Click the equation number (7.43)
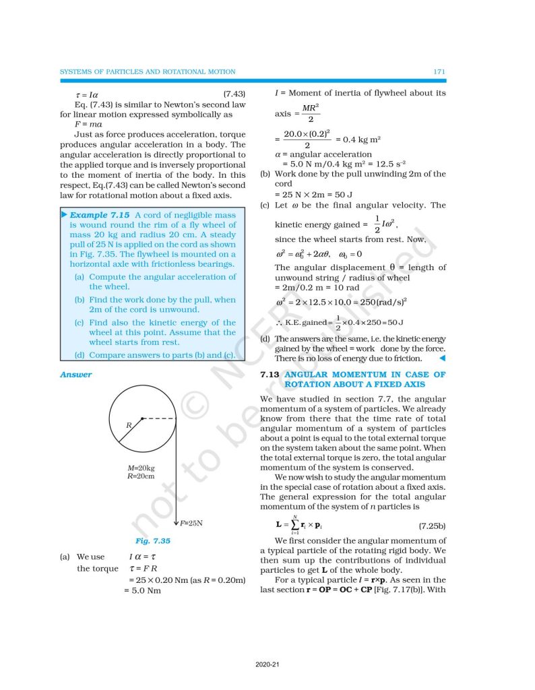pos(233,94)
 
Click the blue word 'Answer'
pos(75,375)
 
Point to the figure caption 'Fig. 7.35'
pos(152,540)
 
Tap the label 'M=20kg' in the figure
pos(141,468)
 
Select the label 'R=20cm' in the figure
pos(141,476)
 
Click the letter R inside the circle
pos(127,426)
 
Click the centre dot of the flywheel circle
pos(141,418)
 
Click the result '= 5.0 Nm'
pos(142,591)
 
